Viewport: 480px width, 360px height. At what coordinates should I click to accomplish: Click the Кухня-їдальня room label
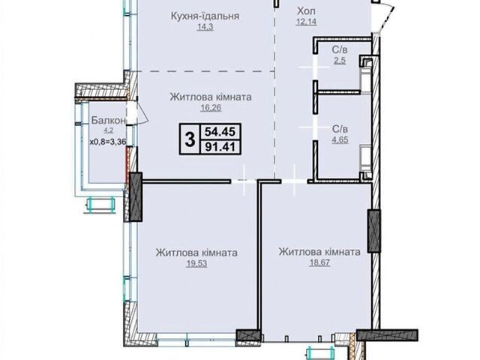click(x=205, y=16)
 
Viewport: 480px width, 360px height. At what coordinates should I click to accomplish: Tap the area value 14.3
click(x=205, y=27)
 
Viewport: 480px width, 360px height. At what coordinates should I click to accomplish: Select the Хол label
click(x=306, y=11)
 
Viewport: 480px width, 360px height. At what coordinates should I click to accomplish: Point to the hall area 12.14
click(x=306, y=22)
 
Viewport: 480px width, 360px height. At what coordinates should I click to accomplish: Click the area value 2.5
click(x=340, y=61)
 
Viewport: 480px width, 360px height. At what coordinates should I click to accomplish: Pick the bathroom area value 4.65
click(x=340, y=140)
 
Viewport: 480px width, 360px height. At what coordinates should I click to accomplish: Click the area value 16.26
click(x=211, y=108)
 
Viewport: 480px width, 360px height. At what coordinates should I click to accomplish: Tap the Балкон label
click(x=109, y=121)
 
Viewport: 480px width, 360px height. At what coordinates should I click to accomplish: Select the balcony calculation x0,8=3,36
click(x=108, y=142)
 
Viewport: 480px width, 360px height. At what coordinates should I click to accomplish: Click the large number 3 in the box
click(x=190, y=139)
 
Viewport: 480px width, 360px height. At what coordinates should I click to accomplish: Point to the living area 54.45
click(x=220, y=132)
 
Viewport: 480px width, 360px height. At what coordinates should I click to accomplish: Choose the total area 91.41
click(x=220, y=147)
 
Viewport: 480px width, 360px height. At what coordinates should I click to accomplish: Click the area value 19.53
click(x=196, y=263)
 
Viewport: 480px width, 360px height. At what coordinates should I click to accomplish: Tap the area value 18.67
click(x=319, y=263)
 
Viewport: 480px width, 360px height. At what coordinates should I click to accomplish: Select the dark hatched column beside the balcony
click(x=136, y=196)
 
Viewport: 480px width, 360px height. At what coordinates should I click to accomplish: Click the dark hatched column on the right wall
click(x=373, y=231)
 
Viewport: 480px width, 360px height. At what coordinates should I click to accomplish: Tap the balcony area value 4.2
click(x=108, y=130)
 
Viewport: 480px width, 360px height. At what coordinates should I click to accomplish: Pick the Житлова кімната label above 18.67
click(x=319, y=252)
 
